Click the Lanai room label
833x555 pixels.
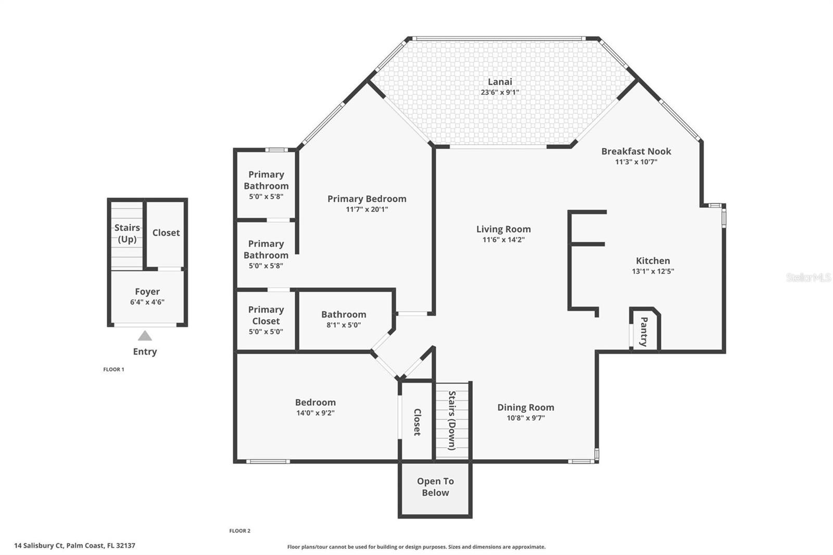500,82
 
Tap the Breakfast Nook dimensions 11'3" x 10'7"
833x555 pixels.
636,162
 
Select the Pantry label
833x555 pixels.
643,332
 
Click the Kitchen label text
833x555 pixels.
652,261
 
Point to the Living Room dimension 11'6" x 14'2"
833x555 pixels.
503,240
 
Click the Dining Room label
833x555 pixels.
525,408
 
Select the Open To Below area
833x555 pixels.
435,487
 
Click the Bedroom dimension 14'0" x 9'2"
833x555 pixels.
315,413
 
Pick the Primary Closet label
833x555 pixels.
266,316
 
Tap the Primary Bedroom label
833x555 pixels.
367,199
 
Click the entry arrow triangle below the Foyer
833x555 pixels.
145,336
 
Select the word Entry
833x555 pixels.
145,351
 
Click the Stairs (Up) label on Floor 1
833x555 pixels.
127,233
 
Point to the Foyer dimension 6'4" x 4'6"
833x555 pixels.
147,302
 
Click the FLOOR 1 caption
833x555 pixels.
113,370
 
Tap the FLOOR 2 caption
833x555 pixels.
239,531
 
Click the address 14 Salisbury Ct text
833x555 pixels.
74,546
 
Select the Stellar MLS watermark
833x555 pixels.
808,277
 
